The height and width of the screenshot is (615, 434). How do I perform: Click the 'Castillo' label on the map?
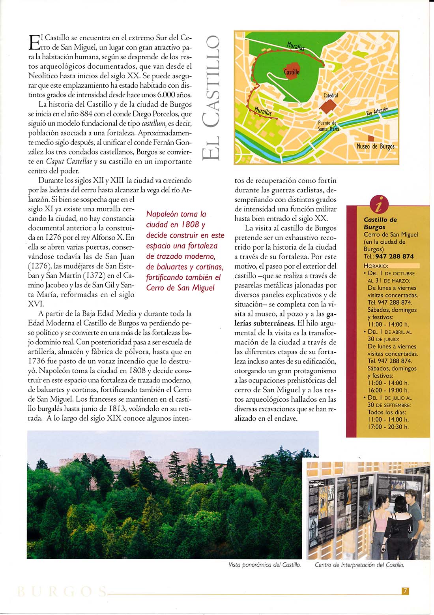[292, 72]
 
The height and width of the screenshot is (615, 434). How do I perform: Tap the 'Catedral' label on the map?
[331, 95]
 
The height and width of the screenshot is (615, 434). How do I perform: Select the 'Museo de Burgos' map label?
[375, 147]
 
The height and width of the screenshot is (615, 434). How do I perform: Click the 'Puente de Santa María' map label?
[328, 126]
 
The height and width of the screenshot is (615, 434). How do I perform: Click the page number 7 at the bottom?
[405, 591]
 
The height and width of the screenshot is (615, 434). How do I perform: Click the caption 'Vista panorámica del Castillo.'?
[265, 565]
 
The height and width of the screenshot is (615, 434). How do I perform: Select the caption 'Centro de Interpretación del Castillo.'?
[359, 565]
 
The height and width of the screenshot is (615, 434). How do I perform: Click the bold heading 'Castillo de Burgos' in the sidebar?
[380, 224]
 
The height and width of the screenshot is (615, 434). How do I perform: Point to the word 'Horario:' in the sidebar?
[376, 266]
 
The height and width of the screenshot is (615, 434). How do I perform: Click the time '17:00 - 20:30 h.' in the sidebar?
[388, 427]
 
